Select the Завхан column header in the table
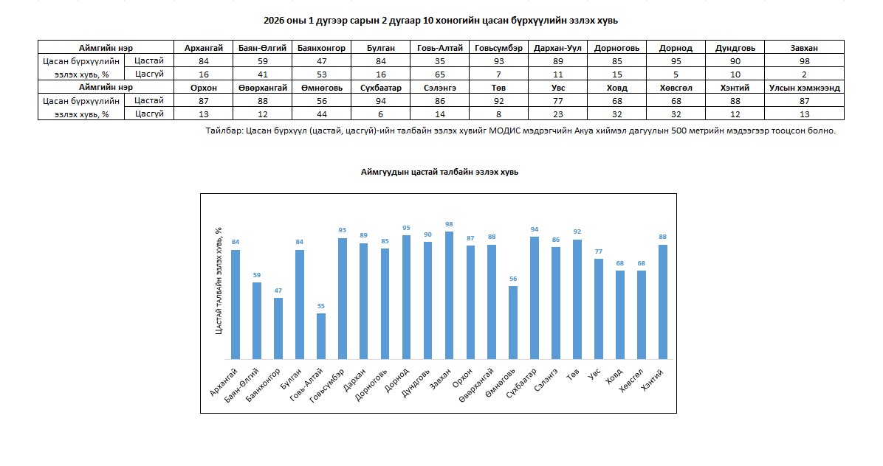click(x=804, y=48)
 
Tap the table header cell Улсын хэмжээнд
click(x=804, y=88)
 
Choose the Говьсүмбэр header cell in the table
click(x=499, y=48)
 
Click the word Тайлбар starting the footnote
click(x=224, y=131)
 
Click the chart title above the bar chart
click(x=439, y=171)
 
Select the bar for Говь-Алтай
click(x=321, y=335)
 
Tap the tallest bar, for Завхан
click(x=450, y=295)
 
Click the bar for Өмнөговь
click(x=513, y=322)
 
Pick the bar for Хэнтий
click(x=663, y=302)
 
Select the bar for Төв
click(x=577, y=299)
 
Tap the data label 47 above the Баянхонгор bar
click(x=278, y=291)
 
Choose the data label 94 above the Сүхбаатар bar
click(x=535, y=229)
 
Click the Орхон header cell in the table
click(x=204, y=88)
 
